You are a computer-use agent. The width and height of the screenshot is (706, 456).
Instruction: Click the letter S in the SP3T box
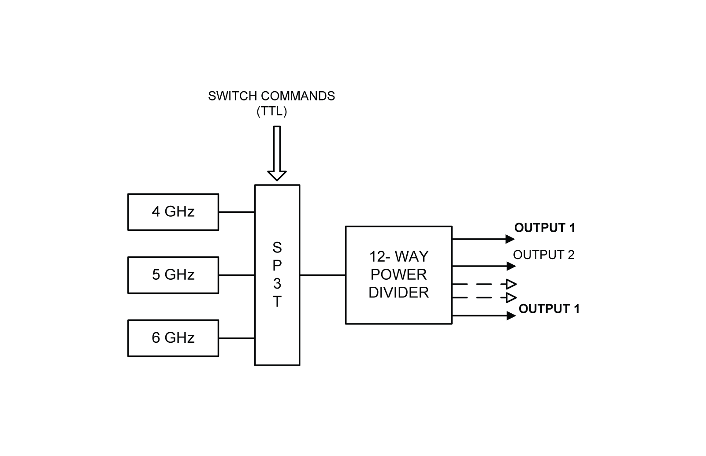[277, 248]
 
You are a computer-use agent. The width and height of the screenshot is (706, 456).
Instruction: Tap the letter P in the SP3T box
[277, 266]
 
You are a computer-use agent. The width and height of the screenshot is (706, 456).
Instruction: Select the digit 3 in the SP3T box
[277, 284]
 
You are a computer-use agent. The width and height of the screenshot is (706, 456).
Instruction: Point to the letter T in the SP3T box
[277, 302]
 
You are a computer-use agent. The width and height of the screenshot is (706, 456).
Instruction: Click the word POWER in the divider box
[398, 274]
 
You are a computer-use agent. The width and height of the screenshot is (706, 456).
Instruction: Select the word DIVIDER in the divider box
[398, 293]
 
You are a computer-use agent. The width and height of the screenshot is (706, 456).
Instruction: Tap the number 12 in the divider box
[375, 256]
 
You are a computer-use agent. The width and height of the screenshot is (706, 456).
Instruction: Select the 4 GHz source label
[173, 212]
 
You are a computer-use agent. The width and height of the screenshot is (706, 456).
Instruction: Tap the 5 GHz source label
[173, 275]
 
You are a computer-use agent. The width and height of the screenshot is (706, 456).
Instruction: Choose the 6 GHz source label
[173, 338]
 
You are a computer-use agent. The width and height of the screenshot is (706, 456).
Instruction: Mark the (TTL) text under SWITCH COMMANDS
[272, 111]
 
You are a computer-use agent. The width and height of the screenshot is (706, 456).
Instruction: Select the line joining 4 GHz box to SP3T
[237, 211]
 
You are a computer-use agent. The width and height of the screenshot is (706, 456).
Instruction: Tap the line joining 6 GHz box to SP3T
[237, 338]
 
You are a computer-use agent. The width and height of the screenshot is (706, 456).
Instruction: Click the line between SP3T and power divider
[323, 275]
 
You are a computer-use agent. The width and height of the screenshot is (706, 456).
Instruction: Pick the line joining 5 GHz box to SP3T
[237, 275]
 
